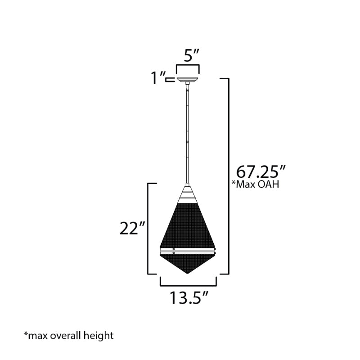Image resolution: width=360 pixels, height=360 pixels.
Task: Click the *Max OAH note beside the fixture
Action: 255,184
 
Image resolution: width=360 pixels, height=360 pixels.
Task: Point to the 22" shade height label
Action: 132,228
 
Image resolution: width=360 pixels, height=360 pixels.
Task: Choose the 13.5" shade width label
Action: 189,297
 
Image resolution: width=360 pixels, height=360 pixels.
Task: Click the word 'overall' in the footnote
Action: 65,335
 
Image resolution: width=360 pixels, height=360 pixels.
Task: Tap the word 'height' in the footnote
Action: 99,336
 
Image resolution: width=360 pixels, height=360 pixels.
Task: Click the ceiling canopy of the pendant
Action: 188,80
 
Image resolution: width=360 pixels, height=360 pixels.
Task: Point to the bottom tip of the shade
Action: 188,274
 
